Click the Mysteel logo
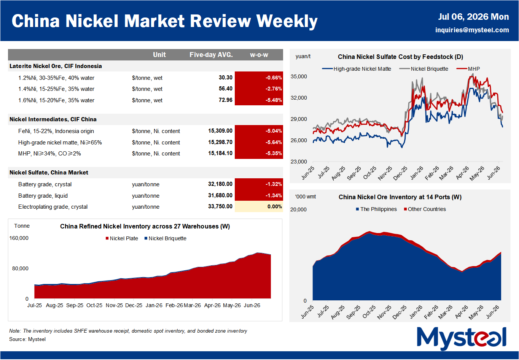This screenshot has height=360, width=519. coord(461,338)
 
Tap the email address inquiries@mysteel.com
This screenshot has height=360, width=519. coord(472,30)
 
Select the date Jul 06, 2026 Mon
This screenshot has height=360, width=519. coord(473,17)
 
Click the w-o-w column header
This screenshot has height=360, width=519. coord(259,55)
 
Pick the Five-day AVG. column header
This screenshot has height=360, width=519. coord(211,55)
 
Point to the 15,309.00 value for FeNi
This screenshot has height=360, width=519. coord(220,131)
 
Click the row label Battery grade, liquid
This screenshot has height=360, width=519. coord(43,196)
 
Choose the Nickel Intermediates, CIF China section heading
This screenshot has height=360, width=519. coord(53,119)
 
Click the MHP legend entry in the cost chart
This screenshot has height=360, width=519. coord(468,69)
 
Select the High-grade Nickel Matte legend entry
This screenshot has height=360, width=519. coord(357,69)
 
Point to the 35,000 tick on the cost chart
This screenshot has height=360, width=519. coord(299,76)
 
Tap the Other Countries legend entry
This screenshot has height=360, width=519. coord(425,209)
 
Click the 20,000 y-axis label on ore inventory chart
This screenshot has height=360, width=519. coord(298,209)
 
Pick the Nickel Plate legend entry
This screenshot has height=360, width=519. coord(122,238)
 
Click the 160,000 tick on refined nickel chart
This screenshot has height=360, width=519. coord(19,238)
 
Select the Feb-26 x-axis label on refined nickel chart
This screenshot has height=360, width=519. coord(174,305)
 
